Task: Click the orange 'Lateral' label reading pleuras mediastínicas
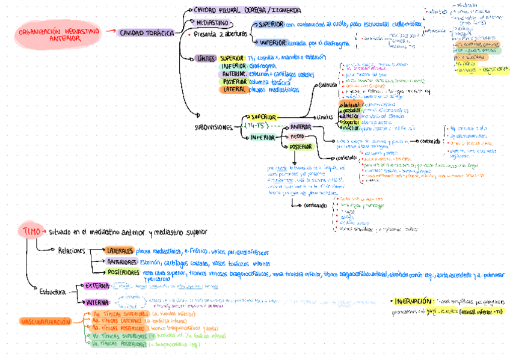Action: point(235,89)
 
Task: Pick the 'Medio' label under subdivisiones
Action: point(298,136)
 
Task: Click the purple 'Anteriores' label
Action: point(122,263)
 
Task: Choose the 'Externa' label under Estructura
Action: point(97,286)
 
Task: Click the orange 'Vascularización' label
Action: point(46,322)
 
